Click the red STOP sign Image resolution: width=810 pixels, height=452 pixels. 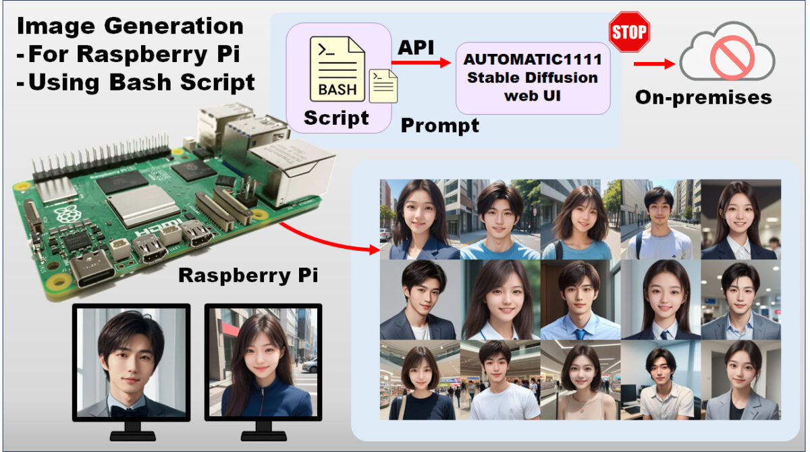tap(628, 32)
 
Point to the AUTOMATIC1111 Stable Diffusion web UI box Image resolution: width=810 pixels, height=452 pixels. tap(533, 77)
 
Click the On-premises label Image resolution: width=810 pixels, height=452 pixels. tap(703, 97)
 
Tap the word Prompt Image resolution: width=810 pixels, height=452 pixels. tap(440, 125)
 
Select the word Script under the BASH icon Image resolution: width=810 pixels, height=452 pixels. tap(336, 118)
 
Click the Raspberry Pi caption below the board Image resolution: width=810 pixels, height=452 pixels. tap(248, 276)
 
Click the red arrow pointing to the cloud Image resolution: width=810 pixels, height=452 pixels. tap(654, 64)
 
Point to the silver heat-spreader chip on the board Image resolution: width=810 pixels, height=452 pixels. tap(144, 204)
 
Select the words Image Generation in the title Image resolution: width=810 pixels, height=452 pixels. tap(130, 26)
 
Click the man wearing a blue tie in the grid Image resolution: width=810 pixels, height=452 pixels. tap(580, 300)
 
